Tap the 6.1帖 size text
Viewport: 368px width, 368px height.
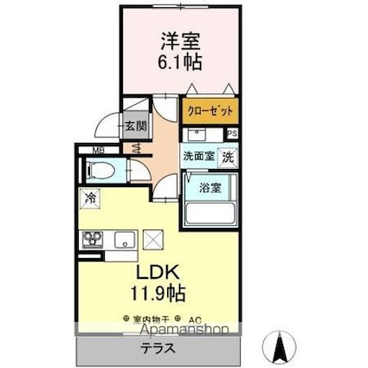coord(178,61)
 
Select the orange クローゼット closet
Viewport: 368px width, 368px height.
coord(210,112)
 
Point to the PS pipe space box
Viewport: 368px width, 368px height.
coord(232,133)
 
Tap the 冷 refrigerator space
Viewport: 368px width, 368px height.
coord(91,199)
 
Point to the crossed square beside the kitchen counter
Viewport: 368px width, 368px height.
coord(153,239)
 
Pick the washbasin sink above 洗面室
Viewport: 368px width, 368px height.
coord(196,134)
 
